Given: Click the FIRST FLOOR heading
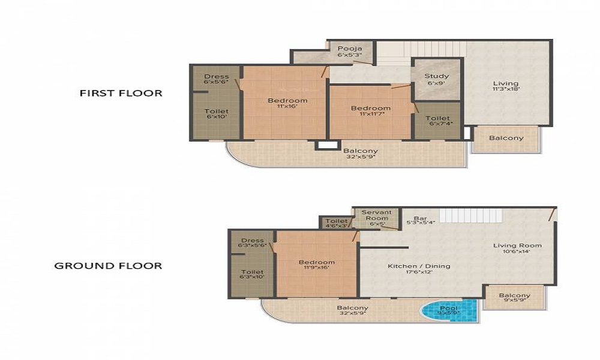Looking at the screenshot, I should click(121, 93).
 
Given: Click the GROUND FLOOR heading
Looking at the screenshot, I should click(108, 265).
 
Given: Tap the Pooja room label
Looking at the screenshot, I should click(350, 51).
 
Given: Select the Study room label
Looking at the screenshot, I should click(436, 79).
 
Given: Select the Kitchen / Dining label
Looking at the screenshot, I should click(419, 269).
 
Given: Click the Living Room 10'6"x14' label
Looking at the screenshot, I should click(517, 248).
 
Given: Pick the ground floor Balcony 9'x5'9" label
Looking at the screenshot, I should click(514, 298).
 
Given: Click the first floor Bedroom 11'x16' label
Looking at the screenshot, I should click(287, 103).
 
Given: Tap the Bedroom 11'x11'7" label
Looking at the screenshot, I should click(371, 112).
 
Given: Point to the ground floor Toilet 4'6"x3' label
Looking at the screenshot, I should click(337, 223).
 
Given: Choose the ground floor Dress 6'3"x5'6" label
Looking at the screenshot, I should click(252, 243).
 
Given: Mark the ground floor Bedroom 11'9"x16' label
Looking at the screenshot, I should click(317, 266).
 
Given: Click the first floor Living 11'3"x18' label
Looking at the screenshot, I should click(505, 86).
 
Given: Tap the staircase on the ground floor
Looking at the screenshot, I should click(462, 215).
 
